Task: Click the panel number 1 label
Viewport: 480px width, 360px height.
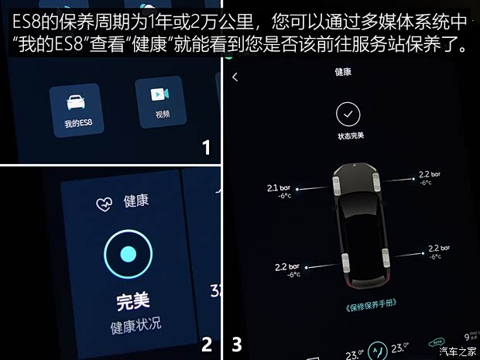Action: pyautogui.click(x=205, y=147)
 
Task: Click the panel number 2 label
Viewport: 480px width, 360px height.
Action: pyautogui.click(x=205, y=344)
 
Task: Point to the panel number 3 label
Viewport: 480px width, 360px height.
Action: pyautogui.click(x=237, y=344)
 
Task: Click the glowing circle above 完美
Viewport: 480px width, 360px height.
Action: pyautogui.click(x=128, y=254)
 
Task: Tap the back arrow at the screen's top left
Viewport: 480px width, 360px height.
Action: pyautogui.click(x=235, y=77)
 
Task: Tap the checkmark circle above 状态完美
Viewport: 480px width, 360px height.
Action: pyautogui.click(x=348, y=115)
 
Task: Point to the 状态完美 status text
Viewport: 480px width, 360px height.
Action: pyautogui.click(x=350, y=136)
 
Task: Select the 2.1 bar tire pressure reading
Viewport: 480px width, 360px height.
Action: pyautogui.click(x=279, y=189)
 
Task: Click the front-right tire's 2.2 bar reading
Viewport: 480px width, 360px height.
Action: pyautogui.click(x=428, y=176)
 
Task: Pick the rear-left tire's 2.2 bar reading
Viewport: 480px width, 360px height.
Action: pyautogui.click(x=286, y=268)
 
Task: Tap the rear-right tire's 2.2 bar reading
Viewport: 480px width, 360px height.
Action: pyautogui.click(x=439, y=250)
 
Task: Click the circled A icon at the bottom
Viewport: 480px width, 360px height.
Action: pyautogui.click(x=377, y=351)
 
